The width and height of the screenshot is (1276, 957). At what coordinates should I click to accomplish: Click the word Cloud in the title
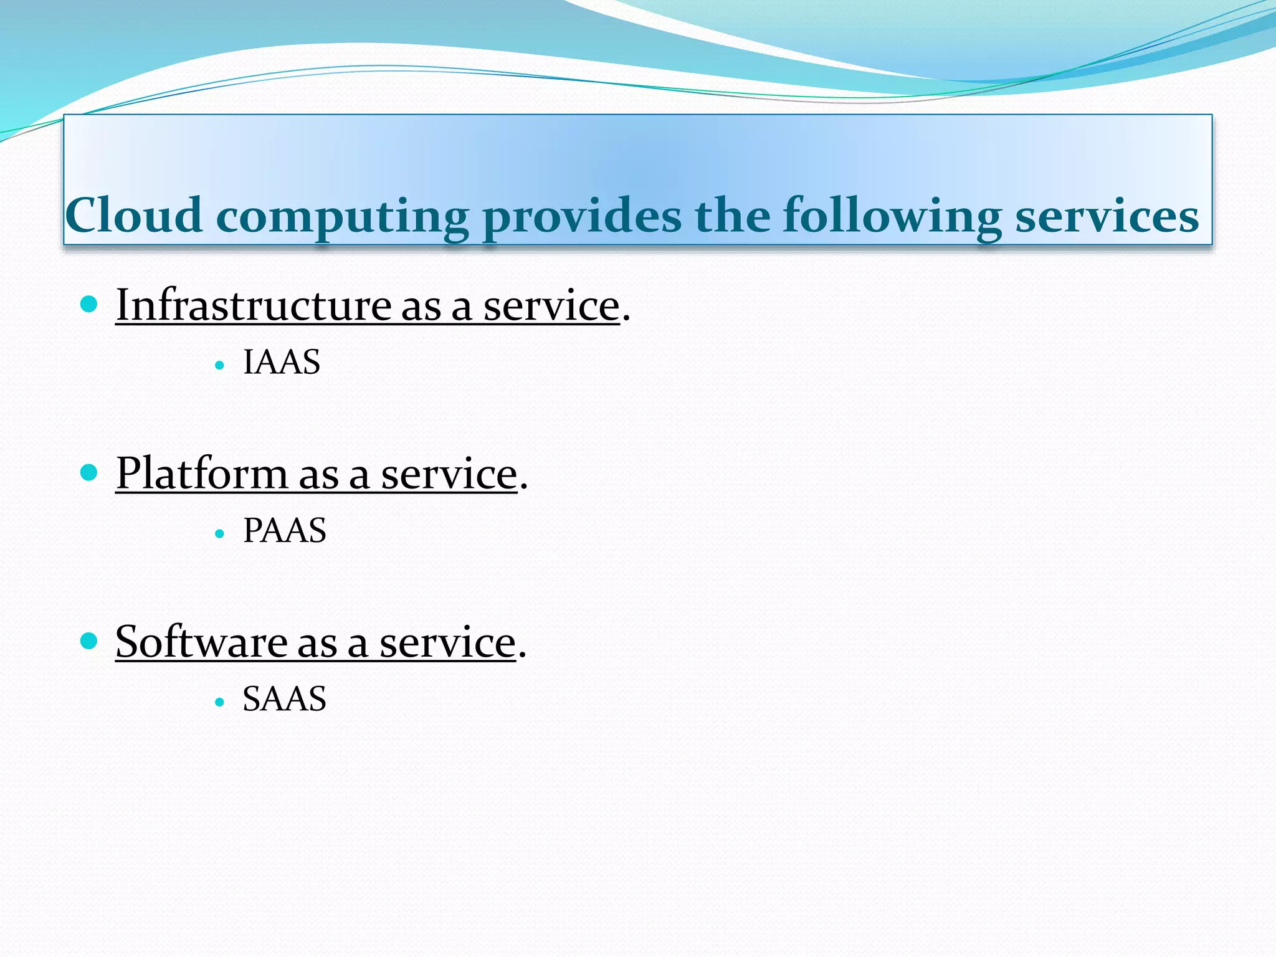tap(134, 215)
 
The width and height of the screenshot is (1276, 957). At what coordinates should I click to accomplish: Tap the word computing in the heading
tap(342, 217)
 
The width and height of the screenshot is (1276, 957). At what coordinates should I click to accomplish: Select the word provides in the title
tap(582, 217)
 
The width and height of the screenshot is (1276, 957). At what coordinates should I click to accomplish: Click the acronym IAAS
tap(282, 362)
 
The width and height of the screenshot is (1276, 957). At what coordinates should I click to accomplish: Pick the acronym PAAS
tap(284, 530)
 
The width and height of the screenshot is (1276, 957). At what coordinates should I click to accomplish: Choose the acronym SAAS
tap(284, 698)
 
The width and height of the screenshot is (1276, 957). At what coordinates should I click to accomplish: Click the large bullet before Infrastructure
tap(90, 304)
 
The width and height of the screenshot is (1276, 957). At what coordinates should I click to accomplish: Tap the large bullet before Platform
tap(90, 472)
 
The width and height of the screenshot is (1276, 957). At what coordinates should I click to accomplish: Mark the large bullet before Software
tap(90, 640)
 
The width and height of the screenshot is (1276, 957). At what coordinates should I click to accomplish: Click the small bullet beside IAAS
tap(219, 366)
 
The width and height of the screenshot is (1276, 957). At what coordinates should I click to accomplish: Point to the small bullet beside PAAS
tap(219, 534)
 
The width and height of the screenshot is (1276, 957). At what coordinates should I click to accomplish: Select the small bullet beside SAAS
tap(219, 702)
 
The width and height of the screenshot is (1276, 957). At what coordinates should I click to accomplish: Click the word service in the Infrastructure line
tap(551, 307)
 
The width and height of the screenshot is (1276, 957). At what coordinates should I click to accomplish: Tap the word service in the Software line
tap(448, 643)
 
